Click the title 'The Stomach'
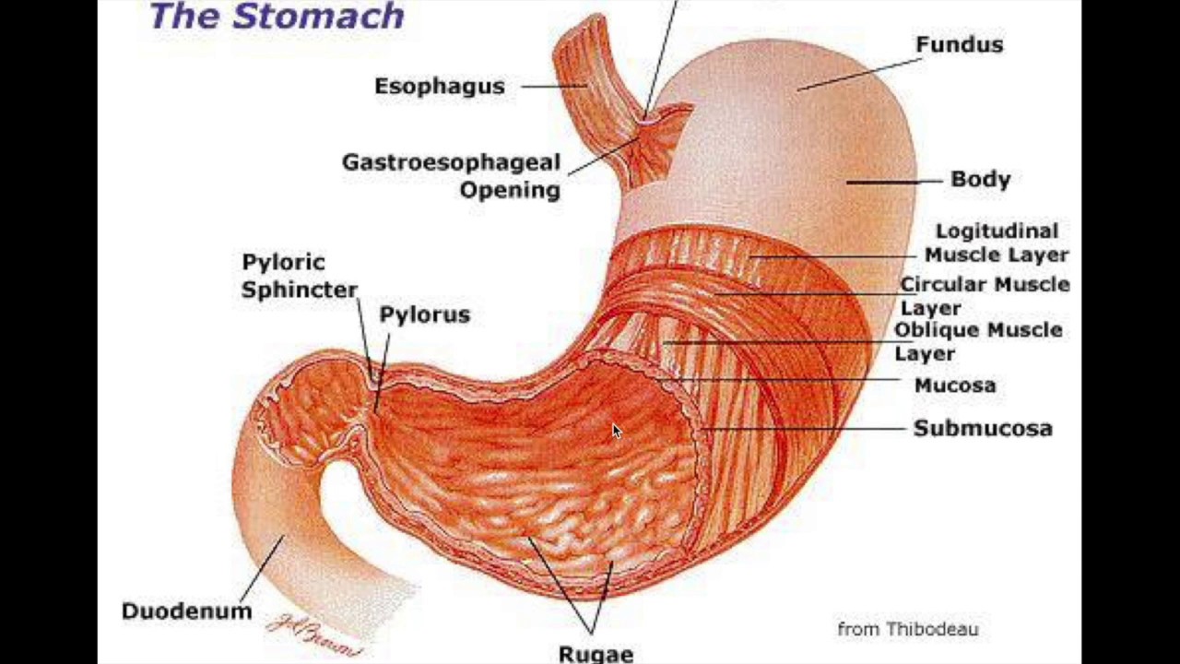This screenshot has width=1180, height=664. click(277, 16)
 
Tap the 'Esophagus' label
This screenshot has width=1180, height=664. click(439, 86)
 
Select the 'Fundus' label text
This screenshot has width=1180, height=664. click(959, 44)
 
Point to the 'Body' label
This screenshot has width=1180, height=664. click(980, 179)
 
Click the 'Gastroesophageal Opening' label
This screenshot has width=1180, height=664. click(452, 175)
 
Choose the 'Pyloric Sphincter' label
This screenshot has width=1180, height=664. click(299, 276)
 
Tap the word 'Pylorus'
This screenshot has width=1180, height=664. click(424, 314)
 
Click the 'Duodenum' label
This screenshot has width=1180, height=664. click(186, 611)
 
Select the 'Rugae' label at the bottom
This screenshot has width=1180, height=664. click(596, 654)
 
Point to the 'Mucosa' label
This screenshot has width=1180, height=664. click(954, 385)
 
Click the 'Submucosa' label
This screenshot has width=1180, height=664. click(982, 428)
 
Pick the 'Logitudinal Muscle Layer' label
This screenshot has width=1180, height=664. click(996, 243)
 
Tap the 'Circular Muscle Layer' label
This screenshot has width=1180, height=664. click(984, 295)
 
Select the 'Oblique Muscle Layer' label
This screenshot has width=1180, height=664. click(977, 340)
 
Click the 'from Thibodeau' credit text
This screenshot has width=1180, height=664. click(907, 629)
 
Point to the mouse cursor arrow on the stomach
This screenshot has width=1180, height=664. click(617, 431)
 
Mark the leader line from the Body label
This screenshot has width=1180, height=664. click(885, 182)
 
